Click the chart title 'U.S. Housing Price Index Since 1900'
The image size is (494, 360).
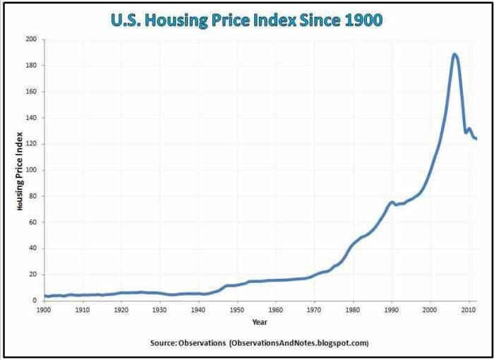247,20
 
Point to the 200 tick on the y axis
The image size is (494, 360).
30,40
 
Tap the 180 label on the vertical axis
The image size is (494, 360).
30,66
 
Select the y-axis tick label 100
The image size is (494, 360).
30,170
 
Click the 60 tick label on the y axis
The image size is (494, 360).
32,222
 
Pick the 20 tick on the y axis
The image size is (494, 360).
32,275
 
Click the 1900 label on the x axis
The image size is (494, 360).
44,310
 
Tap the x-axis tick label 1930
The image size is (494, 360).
159,310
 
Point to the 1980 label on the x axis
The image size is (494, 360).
352,310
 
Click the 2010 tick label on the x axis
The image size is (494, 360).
468,310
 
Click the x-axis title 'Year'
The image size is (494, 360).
260,322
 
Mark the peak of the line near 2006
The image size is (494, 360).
454,54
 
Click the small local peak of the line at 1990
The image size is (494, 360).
392,202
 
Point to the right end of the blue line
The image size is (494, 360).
476,139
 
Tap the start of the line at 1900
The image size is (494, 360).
44,296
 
